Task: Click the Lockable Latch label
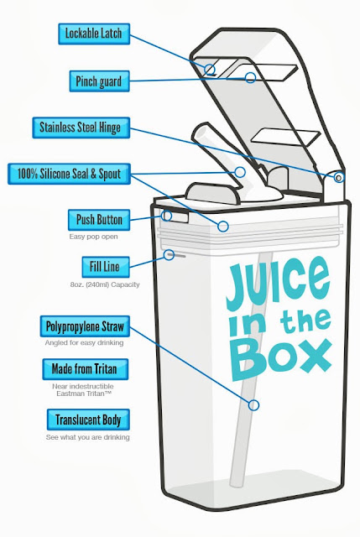pos(94,34)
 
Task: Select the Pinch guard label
pos(99,81)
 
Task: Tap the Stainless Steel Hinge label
pos(81,128)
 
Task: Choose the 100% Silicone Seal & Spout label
pos(69,174)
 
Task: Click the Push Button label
pos(99,220)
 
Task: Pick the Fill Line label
pos(106,267)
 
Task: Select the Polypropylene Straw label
pos(85,326)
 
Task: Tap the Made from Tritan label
pos(86,369)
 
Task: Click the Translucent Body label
pos(88,420)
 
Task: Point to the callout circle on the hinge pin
pos(338,177)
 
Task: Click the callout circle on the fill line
pos(169,255)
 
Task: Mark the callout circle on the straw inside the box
pos(253,405)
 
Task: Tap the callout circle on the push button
pos(166,216)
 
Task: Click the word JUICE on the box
pos(278,283)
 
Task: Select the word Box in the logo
pos(282,359)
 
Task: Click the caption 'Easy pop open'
pos(93,237)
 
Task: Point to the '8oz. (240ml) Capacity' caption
pos(105,284)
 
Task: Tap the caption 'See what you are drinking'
pos(87,437)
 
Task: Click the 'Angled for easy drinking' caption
pos(84,343)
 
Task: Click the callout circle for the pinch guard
pos(250,77)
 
